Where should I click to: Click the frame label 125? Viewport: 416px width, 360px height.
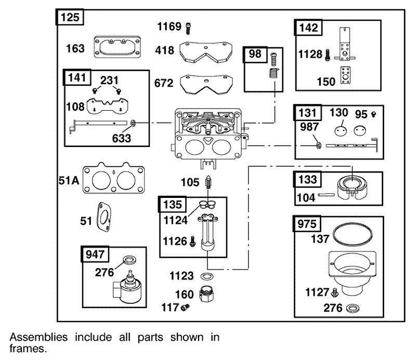point(70,17)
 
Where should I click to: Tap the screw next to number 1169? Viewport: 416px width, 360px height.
point(188,28)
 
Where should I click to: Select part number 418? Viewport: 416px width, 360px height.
point(164,50)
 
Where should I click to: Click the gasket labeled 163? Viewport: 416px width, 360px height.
point(118,47)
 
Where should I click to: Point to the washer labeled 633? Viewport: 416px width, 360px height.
point(133,123)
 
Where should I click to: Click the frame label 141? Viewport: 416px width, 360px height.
point(77,78)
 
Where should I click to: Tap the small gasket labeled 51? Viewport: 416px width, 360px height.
point(104,217)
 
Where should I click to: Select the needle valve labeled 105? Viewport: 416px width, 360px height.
point(209,182)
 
